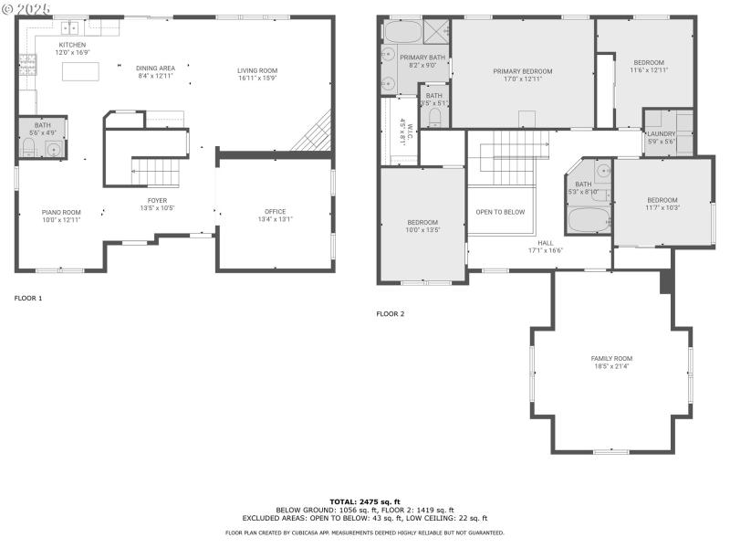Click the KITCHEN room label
72,45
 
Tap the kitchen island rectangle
80,71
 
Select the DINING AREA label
155,68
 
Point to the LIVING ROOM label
257,70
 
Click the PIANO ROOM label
61,212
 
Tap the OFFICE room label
276,212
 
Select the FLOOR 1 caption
28,298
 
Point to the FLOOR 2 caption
391,314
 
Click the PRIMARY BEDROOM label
523,70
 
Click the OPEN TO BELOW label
500,212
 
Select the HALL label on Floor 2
546,243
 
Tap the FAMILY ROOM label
611,358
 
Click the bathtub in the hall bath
588,221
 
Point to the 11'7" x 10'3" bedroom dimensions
662,208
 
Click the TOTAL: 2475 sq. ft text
365,502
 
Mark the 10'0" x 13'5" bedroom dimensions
423,230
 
